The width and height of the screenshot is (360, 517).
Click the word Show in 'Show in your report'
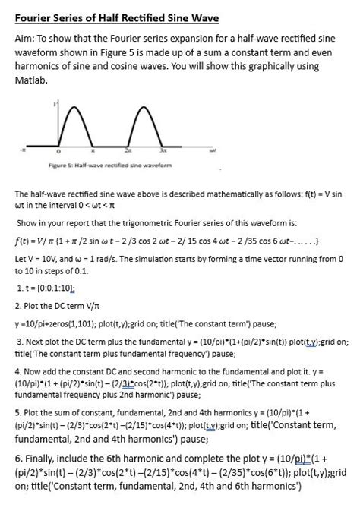[x=27, y=225]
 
